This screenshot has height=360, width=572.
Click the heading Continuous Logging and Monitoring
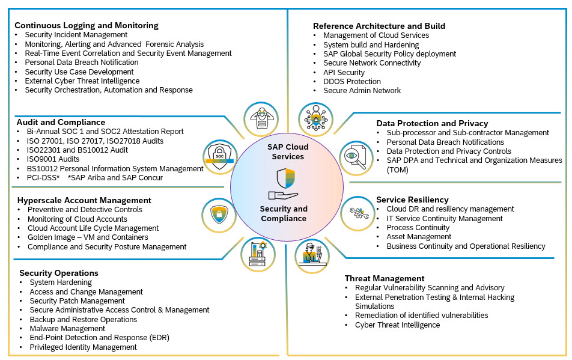(x=86, y=25)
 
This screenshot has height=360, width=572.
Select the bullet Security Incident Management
(x=67, y=35)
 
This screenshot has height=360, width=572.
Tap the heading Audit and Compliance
(x=61, y=122)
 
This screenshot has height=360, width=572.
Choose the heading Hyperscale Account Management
(x=85, y=200)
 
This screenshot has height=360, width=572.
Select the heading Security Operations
(x=58, y=273)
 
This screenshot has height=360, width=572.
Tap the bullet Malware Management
(x=67, y=329)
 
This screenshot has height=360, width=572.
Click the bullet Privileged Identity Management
(x=83, y=347)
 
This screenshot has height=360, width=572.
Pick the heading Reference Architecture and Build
(x=379, y=26)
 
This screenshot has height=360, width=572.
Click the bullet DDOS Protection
(x=351, y=81)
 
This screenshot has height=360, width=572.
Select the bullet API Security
(x=344, y=72)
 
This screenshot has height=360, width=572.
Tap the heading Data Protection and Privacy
(x=432, y=123)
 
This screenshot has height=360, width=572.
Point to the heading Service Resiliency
(x=412, y=200)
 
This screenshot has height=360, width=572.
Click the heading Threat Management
(x=385, y=278)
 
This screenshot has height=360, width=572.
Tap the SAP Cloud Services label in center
(x=288, y=151)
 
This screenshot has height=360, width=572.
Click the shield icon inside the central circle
(x=285, y=178)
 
